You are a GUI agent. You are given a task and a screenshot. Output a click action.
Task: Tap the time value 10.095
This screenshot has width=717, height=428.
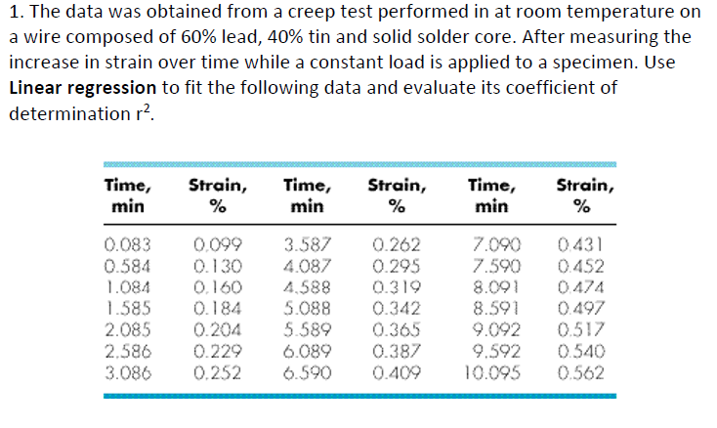pos(493,372)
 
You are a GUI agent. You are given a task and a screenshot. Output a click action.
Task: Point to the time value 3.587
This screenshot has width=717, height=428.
pos(308,244)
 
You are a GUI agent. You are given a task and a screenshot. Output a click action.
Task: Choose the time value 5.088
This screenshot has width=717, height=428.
pos(308,309)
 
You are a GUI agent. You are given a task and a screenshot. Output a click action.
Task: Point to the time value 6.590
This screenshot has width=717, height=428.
pos(308,372)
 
